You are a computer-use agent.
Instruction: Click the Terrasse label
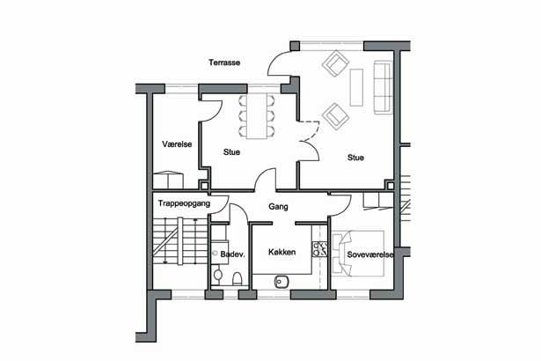(x=224, y=63)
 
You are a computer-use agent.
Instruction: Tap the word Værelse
(x=177, y=144)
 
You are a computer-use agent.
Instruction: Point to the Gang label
(x=279, y=207)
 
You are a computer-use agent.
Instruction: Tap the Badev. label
(x=231, y=254)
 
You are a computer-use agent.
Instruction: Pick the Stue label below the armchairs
(x=355, y=158)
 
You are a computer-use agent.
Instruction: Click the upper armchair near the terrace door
(x=336, y=63)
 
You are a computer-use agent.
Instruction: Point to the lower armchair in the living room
(x=333, y=115)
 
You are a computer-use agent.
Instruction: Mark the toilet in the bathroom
(x=238, y=277)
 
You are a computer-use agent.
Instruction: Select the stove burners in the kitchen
(x=321, y=248)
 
